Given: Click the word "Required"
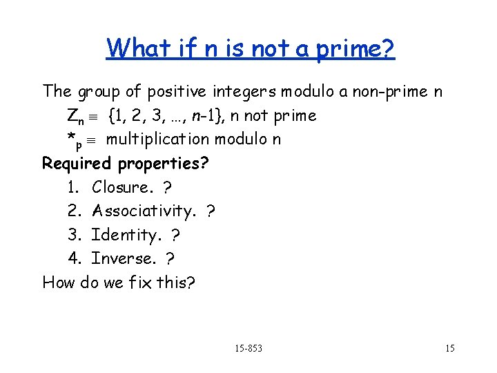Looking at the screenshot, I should [77, 164].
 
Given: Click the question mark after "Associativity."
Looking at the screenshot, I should [211, 211].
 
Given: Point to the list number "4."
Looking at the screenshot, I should [75, 258].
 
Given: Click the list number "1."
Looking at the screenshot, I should [75, 186].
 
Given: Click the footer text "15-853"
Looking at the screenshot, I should [249, 347].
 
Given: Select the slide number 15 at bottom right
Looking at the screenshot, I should [449, 347].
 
